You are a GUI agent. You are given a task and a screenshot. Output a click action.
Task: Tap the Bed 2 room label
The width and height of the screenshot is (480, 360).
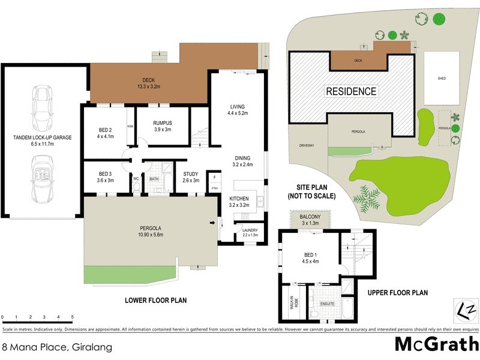coord(106,133)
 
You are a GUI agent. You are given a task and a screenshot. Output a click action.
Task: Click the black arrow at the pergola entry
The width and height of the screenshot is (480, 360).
coord(212,224)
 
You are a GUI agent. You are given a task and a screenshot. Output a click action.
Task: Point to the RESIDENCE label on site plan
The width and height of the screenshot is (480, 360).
coord(352,92)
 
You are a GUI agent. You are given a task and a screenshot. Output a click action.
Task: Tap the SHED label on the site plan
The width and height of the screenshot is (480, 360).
coord(442,78)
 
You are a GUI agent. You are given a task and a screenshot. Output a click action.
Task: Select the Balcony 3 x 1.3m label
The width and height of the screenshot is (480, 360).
coord(311,220)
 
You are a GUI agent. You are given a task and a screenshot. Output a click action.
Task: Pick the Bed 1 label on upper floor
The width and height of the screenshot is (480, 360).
coord(311,258)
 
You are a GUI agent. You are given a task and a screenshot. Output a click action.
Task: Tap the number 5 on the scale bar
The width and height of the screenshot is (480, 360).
coord(73,317)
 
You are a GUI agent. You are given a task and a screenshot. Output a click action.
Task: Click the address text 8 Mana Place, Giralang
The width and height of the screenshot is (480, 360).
coord(56,346)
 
